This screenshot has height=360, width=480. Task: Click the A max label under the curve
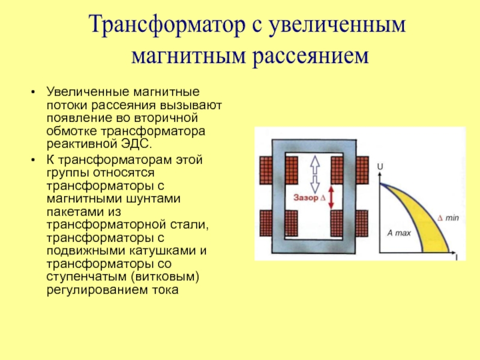(398, 233)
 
